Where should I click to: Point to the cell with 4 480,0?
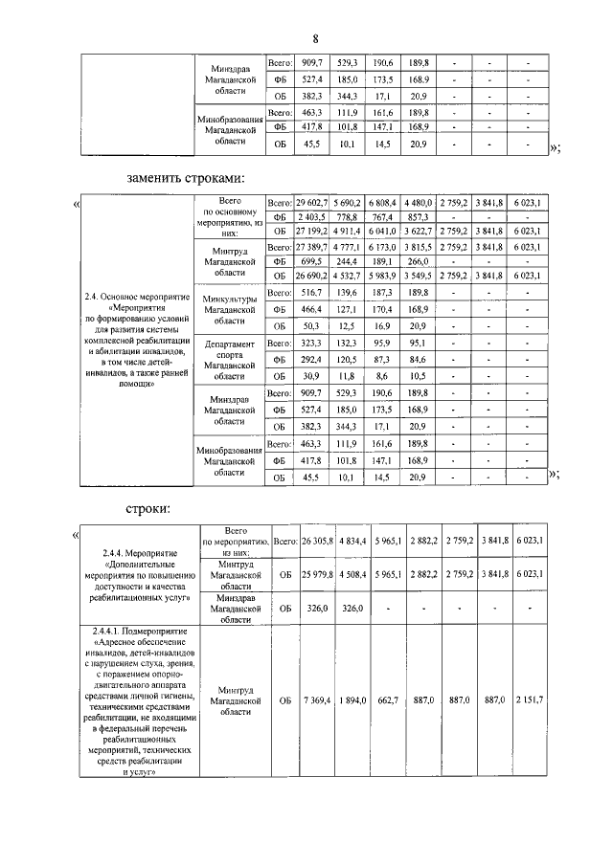(x=419, y=204)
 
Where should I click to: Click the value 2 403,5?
(x=313, y=217)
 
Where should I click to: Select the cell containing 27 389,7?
(x=311, y=246)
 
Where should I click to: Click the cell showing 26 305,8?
(x=315, y=541)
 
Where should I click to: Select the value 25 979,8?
(x=315, y=575)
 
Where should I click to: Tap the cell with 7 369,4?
(x=315, y=701)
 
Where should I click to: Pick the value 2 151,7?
(x=528, y=701)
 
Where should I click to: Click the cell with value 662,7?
(x=386, y=701)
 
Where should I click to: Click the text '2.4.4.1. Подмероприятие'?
(x=140, y=632)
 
